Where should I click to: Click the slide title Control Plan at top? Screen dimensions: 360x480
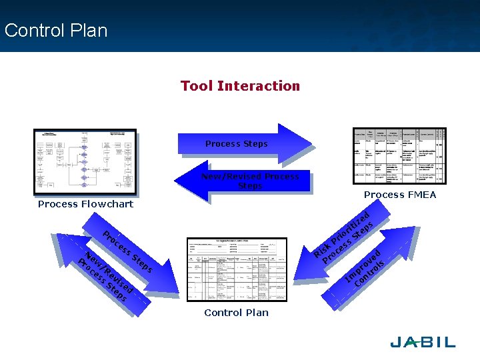click(55, 31)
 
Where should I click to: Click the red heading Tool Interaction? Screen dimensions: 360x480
click(240, 86)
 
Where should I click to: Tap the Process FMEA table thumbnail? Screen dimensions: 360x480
click(399, 156)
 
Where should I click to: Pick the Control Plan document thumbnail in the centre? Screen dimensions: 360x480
click(237, 270)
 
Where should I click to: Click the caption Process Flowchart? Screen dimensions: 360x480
click(85, 204)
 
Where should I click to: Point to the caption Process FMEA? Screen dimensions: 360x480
click(400, 195)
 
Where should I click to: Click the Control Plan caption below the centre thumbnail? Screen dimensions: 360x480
click(237, 313)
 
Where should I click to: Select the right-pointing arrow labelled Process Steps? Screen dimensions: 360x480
click(243, 143)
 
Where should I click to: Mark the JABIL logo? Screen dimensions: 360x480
click(423, 342)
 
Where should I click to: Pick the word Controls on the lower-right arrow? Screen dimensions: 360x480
click(371, 274)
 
